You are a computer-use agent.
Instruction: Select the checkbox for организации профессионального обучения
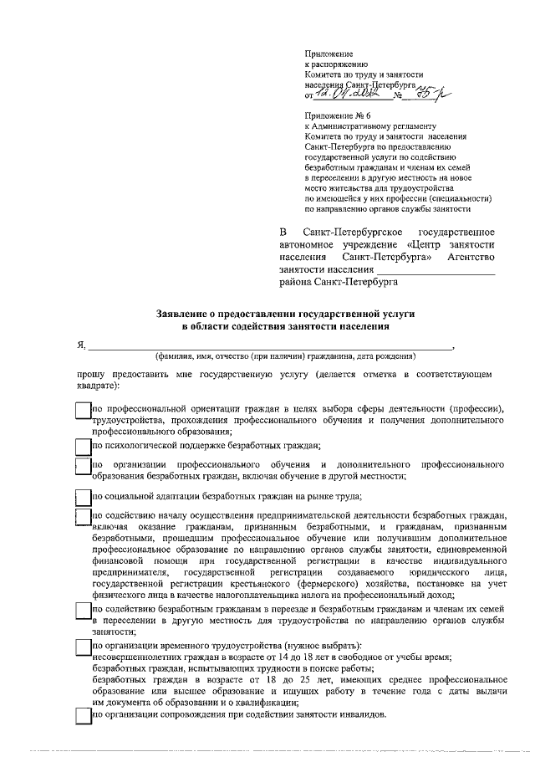click(82, 468)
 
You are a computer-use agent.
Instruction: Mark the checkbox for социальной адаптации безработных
click(82, 498)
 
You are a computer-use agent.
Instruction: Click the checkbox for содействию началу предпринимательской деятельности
click(82, 521)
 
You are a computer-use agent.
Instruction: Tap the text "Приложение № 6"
click(336, 116)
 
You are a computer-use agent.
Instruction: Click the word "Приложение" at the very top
click(329, 53)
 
